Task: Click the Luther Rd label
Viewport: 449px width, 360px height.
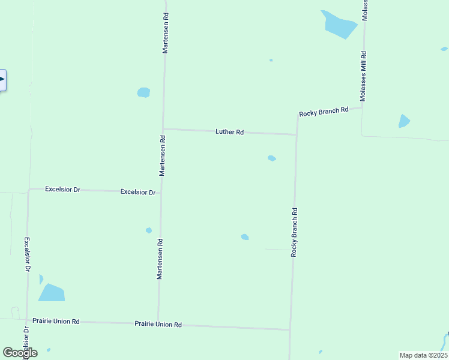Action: [229, 132]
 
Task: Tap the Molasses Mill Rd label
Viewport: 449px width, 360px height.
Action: [363, 76]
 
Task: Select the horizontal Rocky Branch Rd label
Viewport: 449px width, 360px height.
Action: [324, 112]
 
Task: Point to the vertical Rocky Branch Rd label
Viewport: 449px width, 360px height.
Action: [294, 232]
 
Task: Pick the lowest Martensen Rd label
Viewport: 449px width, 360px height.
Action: [160, 259]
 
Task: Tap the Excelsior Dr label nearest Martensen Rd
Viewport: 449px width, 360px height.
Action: [138, 192]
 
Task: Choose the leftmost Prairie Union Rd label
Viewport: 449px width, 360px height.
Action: [56, 321]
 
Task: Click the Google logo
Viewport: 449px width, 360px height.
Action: [20, 353]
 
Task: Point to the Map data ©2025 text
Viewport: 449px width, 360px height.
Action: [423, 355]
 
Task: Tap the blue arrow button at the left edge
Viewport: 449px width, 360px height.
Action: [2, 80]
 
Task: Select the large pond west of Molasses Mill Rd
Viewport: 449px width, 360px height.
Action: [340, 24]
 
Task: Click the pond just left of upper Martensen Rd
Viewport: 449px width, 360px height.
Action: [143, 92]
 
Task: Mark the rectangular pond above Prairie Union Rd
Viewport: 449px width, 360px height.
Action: [52, 292]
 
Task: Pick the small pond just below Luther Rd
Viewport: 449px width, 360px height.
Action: [272, 158]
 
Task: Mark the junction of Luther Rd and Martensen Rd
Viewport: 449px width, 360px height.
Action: [163, 129]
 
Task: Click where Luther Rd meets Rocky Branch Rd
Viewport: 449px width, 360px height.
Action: [297, 134]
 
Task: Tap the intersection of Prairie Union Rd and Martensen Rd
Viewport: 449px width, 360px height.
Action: [158, 323]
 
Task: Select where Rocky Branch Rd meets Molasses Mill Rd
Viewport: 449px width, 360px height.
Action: [363, 108]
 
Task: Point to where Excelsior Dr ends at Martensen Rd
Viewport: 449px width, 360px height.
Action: [161, 192]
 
